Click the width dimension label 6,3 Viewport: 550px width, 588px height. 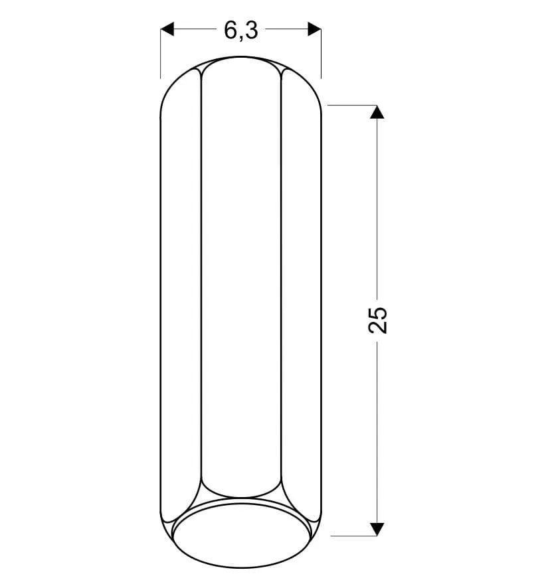tap(241, 30)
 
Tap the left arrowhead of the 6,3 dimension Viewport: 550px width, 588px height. tap(167, 29)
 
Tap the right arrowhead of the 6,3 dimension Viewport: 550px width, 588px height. tap(314, 29)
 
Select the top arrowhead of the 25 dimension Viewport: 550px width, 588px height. tap(377, 112)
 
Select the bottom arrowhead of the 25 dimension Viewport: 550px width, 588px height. tap(377, 529)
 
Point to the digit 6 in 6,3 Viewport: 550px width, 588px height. tap(230, 30)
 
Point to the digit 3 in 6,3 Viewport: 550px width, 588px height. tap(252, 30)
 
